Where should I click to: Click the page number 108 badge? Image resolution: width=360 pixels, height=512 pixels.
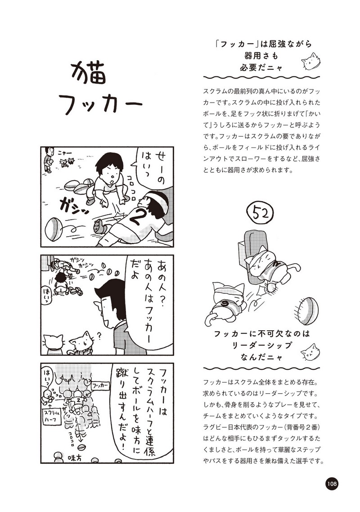coord(331,483)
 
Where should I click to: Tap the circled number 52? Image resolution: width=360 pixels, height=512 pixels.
coord(261,214)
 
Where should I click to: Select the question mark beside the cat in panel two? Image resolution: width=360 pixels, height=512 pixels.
coord(99,335)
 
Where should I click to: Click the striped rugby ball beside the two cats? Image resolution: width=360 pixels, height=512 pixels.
coord(307,310)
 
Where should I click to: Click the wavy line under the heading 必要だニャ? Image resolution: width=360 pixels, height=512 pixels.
coord(261,78)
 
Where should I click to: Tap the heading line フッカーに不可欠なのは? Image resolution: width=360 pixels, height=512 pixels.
coord(261,334)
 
